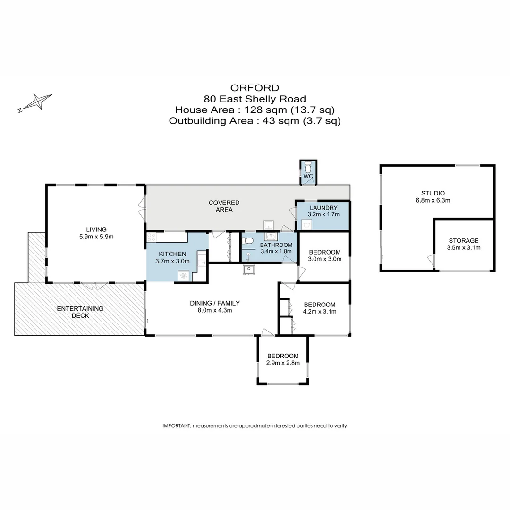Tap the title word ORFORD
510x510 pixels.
click(x=255, y=88)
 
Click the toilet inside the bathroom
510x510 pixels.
click(x=248, y=241)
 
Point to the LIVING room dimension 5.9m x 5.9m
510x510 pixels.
click(x=96, y=237)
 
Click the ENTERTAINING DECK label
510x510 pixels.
click(x=80, y=312)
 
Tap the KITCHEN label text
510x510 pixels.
click(x=172, y=254)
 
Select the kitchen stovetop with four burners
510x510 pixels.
click(x=151, y=238)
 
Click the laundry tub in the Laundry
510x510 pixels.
click(x=307, y=224)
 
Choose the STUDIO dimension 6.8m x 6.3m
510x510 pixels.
click(x=433, y=200)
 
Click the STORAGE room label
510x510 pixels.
click(x=464, y=241)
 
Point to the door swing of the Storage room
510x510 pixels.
click(x=431, y=261)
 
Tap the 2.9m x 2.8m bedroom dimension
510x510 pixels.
click(x=283, y=363)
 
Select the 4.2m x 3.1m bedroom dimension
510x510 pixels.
click(x=320, y=312)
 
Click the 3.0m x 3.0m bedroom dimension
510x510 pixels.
click(x=324, y=259)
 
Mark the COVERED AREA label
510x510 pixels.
click(x=224, y=206)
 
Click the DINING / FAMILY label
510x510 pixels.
click(x=215, y=303)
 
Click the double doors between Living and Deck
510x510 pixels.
click(x=94, y=286)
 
